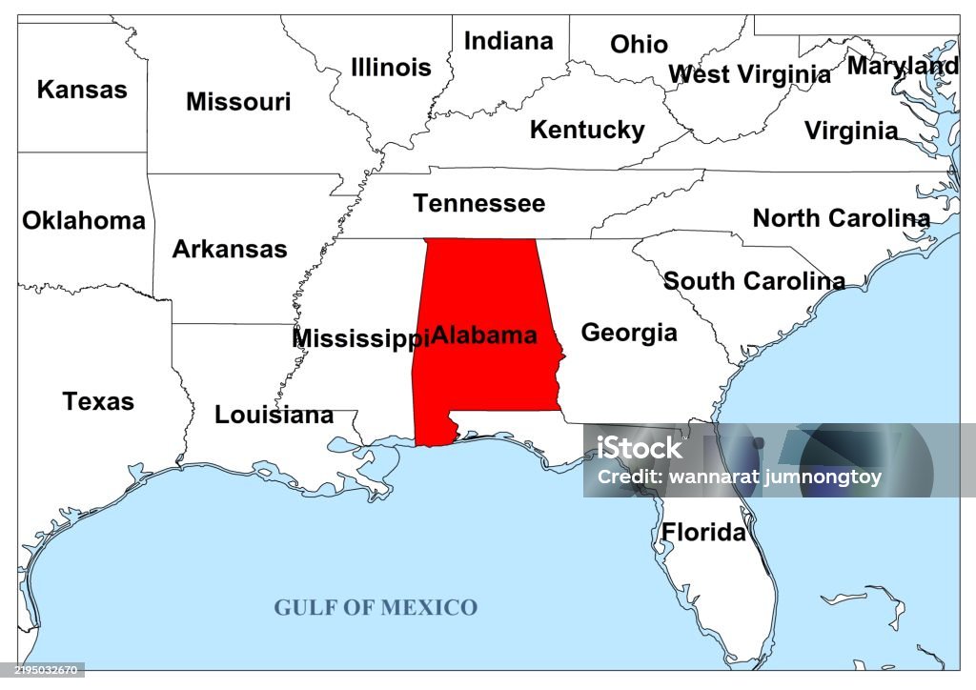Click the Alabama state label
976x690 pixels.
click(x=484, y=335)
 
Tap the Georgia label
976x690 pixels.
click(x=629, y=333)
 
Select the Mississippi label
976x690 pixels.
click(x=360, y=338)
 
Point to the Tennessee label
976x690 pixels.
click(x=478, y=203)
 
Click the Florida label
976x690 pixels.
click(x=703, y=532)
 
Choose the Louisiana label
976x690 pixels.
click(x=274, y=415)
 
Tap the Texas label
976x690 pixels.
click(x=98, y=401)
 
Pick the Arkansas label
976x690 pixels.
click(x=229, y=249)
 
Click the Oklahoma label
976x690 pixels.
click(x=84, y=221)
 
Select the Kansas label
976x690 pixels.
click(x=82, y=90)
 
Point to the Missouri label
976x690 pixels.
click(x=238, y=102)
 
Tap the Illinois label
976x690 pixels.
click(x=391, y=68)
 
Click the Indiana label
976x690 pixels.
click(x=508, y=41)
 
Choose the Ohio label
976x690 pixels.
click(x=639, y=44)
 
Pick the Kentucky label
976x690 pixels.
click(x=587, y=130)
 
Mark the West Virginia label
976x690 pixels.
click(x=749, y=74)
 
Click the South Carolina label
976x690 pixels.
click(x=754, y=281)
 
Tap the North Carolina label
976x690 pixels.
click(x=841, y=218)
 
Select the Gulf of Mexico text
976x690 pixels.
click(x=376, y=607)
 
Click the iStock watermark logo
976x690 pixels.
click(x=640, y=447)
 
